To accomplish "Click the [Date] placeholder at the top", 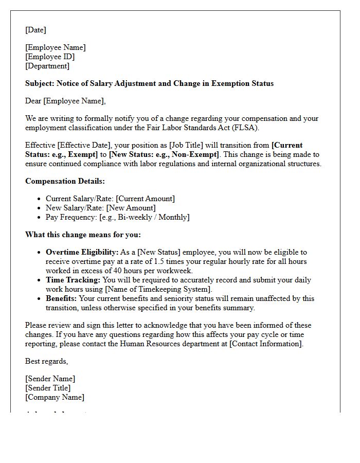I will coord(35,30).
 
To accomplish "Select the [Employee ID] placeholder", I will coord(50,57).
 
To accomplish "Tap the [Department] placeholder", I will coord(47,66).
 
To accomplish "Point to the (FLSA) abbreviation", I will coord(247,128).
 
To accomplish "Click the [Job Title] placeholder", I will coord(187,146).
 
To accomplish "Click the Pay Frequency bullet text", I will coord(117,217).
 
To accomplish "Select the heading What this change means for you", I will coord(83,235).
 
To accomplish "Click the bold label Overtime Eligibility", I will coord(82,252).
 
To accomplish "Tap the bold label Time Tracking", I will coord(73,280).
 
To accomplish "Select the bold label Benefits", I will coord(61,298).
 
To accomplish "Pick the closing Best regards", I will coord(46,361).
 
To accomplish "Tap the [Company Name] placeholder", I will coord(55,397).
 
